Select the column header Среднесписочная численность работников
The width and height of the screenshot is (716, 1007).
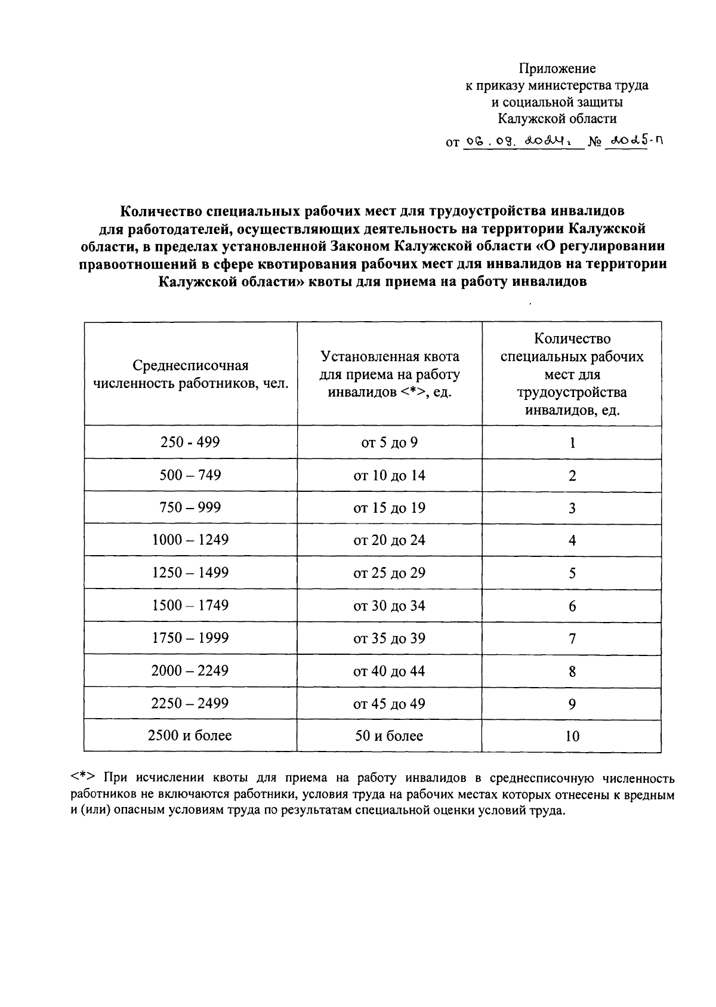(x=190, y=374)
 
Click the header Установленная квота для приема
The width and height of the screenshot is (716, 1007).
(x=390, y=374)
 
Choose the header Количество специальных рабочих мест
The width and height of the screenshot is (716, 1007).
(x=572, y=374)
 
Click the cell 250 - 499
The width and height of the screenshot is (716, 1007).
(x=190, y=442)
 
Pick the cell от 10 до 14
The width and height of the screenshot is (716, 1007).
(x=389, y=476)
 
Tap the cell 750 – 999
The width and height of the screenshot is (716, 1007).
(x=190, y=507)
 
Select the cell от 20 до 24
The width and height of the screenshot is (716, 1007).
(x=389, y=540)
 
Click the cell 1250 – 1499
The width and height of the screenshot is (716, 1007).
(x=190, y=572)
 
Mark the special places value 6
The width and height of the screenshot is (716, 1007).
(x=572, y=606)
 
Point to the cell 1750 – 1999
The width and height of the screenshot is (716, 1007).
(x=190, y=638)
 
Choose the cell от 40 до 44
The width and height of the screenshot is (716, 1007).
(x=389, y=671)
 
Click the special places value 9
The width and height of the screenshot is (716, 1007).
(x=572, y=704)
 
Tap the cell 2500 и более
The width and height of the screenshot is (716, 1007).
(x=190, y=735)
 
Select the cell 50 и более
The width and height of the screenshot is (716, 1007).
(x=389, y=736)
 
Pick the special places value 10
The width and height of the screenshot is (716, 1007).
(x=572, y=736)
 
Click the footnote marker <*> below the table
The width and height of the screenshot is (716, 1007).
(x=82, y=778)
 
